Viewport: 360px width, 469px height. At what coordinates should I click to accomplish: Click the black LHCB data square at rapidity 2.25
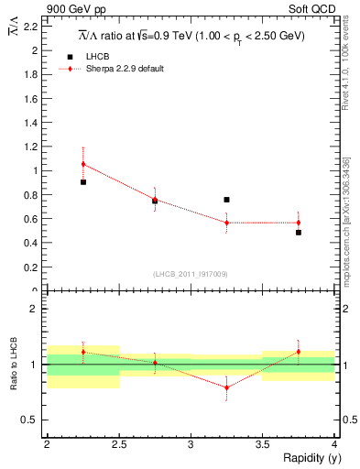click(x=83, y=182)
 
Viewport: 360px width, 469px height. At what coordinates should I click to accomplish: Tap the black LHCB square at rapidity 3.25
click(x=226, y=200)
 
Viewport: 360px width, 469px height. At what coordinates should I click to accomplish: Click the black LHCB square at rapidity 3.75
click(x=299, y=233)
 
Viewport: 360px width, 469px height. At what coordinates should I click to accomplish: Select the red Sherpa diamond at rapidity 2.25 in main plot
click(x=83, y=164)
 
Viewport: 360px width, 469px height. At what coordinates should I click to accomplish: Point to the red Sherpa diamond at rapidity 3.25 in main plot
click(x=226, y=223)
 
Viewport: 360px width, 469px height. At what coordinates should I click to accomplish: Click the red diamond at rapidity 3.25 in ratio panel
click(x=226, y=387)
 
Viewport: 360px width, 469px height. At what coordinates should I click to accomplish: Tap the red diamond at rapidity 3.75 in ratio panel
click(x=299, y=352)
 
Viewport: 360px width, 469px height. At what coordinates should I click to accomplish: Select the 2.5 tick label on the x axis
click(x=119, y=444)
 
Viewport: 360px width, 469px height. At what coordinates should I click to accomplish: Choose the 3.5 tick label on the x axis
click(x=263, y=444)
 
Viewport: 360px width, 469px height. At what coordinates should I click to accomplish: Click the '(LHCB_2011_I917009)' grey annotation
click(x=191, y=274)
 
